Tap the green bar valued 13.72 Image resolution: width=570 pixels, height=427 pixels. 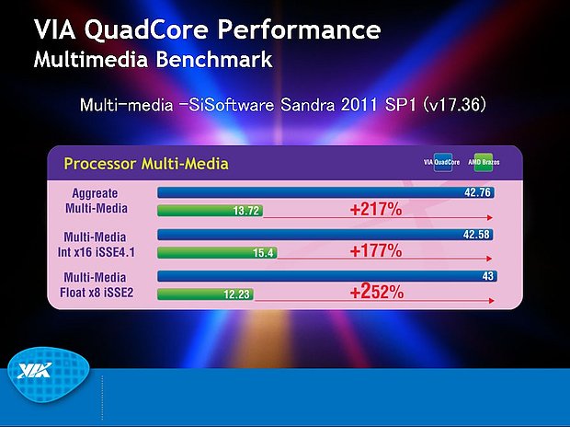[x=211, y=211]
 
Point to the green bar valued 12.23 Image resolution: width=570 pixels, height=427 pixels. [x=206, y=294]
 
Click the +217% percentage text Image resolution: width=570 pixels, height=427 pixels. [x=376, y=210]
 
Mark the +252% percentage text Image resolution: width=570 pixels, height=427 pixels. [x=376, y=293]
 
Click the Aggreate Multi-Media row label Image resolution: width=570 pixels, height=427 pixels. [x=101, y=201]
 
